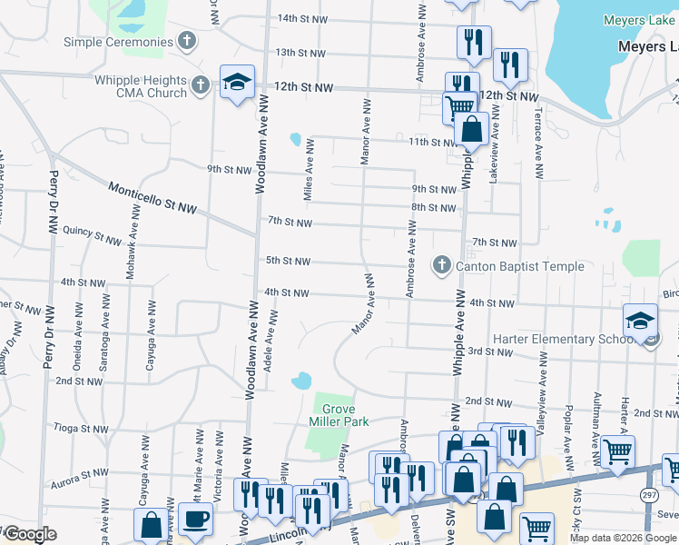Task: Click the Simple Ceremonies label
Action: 117,42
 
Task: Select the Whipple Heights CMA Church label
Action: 141,85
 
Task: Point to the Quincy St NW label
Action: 91,235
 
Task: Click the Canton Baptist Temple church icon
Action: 442,265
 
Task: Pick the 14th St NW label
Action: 301,18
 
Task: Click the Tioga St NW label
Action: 82,428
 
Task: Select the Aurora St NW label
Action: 81,473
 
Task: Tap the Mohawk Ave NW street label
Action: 132,253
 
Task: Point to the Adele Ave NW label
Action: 270,349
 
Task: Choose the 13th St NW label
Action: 300,53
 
